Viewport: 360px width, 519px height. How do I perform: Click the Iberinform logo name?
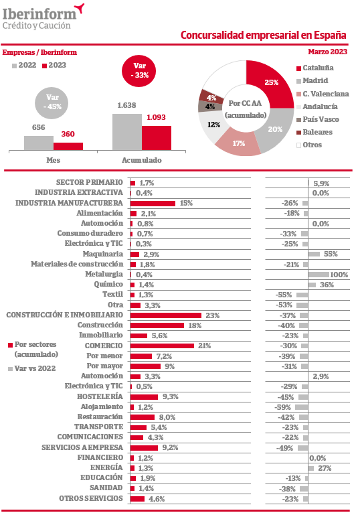pyautogui.click(x=39, y=15)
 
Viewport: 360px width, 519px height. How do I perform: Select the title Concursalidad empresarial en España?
pyautogui.click(x=264, y=35)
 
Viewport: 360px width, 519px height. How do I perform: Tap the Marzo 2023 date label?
pyautogui.click(x=328, y=52)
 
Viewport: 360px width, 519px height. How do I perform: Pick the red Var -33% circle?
pyautogui.click(x=139, y=71)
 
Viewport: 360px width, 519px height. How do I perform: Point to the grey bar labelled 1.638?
pyautogui.click(x=127, y=132)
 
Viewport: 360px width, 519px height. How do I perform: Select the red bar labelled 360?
pyautogui.click(x=68, y=146)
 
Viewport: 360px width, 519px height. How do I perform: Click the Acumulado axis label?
pyautogui.click(x=142, y=160)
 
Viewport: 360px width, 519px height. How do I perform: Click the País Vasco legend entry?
pyautogui.click(x=318, y=119)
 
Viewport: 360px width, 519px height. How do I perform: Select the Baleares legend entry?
pyautogui.click(x=314, y=132)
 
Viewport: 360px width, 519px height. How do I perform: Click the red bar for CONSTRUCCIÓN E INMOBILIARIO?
pyautogui.click(x=166, y=315)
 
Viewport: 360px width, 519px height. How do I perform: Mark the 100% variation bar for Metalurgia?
pyautogui.click(x=319, y=275)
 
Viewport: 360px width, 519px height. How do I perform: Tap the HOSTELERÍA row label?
pyautogui.click(x=100, y=396)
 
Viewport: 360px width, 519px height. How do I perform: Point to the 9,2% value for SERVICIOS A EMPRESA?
pyautogui.click(x=170, y=447)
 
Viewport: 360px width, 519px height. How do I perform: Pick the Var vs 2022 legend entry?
pyautogui.click(x=31, y=368)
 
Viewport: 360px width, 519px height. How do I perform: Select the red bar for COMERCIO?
pyautogui.click(x=162, y=346)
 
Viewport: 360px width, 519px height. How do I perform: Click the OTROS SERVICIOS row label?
pyautogui.click(x=91, y=498)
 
